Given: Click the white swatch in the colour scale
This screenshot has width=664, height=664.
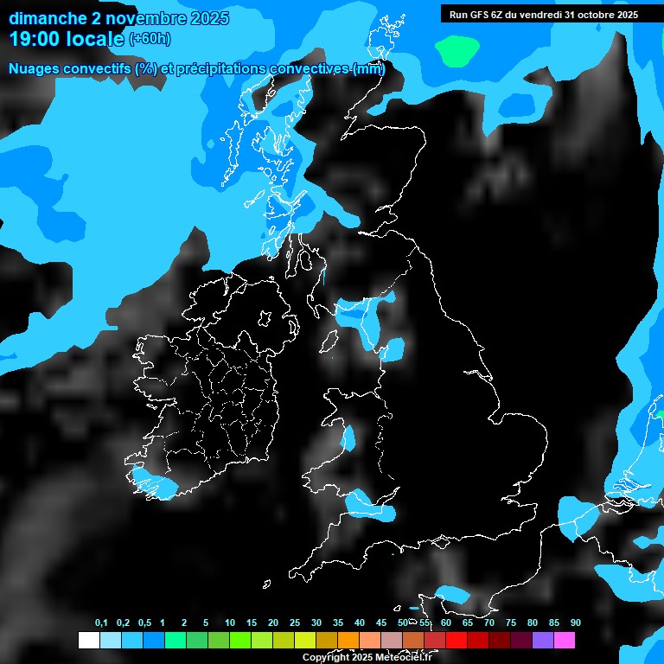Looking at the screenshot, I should click(x=88, y=641).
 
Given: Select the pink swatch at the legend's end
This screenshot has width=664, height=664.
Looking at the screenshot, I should click(x=565, y=641).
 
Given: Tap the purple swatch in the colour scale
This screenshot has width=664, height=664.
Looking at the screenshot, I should click(x=543, y=641).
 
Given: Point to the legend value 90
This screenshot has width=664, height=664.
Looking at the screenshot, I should click(x=576, y=622).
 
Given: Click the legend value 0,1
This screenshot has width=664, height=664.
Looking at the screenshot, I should click(x=101, y=622).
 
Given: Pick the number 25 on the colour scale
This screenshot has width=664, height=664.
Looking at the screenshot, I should click(x=295, y=622).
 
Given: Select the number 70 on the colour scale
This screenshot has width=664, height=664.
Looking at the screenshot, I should click(x=489, y=622).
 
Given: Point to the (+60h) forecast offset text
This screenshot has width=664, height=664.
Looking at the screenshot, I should click(x=150, y=38).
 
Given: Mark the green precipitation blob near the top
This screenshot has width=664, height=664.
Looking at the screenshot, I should click(x=457, y=51).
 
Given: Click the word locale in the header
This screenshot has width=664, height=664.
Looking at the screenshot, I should click(x=98, y=38).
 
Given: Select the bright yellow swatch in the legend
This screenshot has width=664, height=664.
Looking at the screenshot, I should click(x=305, y=641).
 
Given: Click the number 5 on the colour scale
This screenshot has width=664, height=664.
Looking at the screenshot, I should click(x=206, y=622).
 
